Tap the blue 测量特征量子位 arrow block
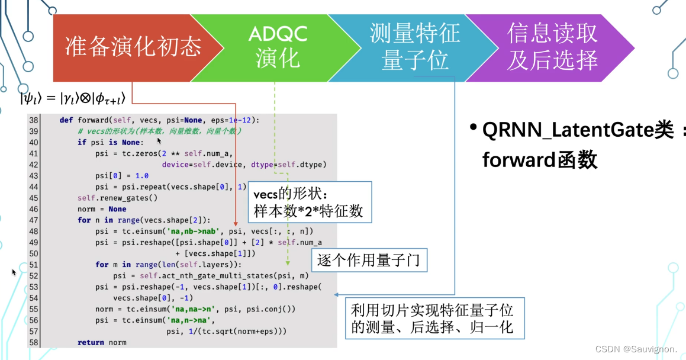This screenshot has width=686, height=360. click(x=414, y=47)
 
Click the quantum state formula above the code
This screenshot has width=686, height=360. click(x=72, y=98)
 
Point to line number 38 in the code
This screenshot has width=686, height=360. click(x=33, y=120)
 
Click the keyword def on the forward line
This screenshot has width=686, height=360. click(x=66, y=120)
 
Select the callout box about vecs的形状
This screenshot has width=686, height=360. click(x=309, y=202)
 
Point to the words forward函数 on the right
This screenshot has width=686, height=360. click(x=540, y=159)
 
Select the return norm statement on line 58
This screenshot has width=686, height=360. click(x=102, y=342)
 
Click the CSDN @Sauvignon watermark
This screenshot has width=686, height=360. click(x=636, y=349)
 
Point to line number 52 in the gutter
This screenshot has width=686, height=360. click(x=33, y=276)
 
